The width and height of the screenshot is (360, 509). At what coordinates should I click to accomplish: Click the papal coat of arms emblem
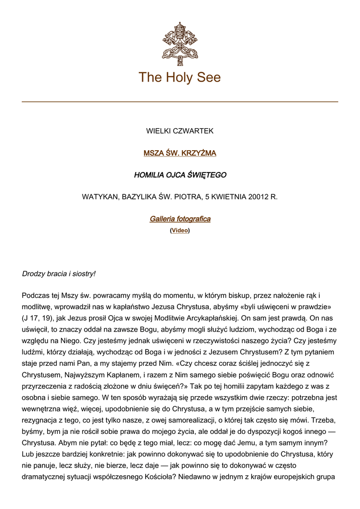180,44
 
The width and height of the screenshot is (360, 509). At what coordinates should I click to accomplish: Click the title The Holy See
180,78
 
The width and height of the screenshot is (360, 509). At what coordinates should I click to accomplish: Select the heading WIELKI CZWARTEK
180,131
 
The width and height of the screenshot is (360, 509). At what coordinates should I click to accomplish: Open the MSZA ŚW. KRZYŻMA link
180,153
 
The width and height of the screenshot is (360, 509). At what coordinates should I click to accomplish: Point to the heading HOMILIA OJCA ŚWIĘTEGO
180,175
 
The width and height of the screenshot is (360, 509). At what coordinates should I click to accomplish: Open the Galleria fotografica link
180,219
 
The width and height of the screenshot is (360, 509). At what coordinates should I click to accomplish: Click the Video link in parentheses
180,231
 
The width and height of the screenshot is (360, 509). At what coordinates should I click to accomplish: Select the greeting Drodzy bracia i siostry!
59,274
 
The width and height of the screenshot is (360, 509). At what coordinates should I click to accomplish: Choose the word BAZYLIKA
142,197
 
